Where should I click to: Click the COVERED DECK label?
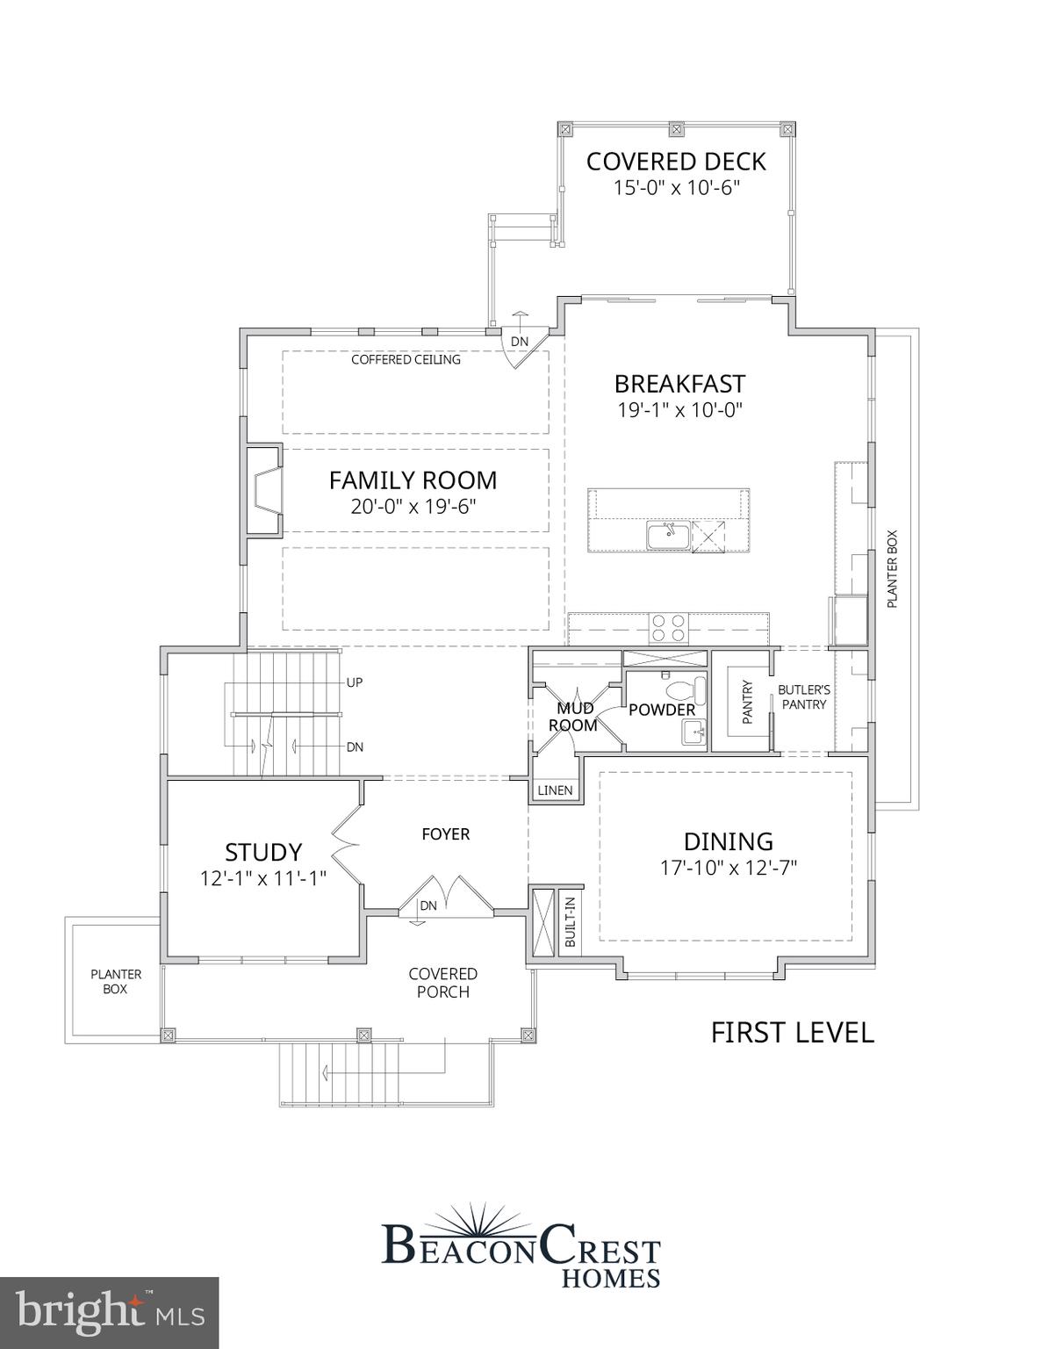tap(676, 162)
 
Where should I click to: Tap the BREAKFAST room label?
tap(679, 384)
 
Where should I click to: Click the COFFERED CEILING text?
tap(406, 359)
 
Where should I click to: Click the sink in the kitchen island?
tap(668, 535)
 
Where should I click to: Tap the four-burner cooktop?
tap(668, 628)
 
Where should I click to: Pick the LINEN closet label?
tap(555, 790)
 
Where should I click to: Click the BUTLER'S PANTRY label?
tap(804, 697)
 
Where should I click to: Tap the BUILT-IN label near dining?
tap(570, 921)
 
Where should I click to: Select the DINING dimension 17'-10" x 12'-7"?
tap(728, 868)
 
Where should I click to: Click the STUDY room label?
tap(263, 852)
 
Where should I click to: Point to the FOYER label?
tap(445, 833)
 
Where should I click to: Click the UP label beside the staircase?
tap(355, 682)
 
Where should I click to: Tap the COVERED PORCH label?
tap(443, 983)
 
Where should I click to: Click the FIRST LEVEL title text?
tap(792, 1033)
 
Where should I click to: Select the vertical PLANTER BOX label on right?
tap(893, 569)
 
